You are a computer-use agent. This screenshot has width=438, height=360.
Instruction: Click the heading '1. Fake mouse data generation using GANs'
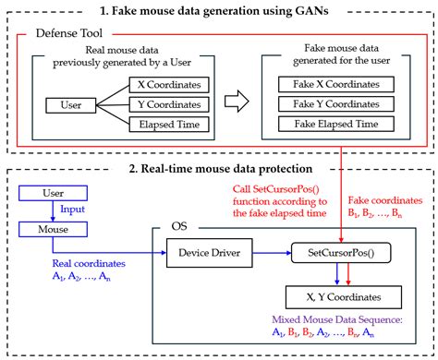point(218,10)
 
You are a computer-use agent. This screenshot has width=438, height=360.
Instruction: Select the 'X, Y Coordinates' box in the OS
point(343,296)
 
